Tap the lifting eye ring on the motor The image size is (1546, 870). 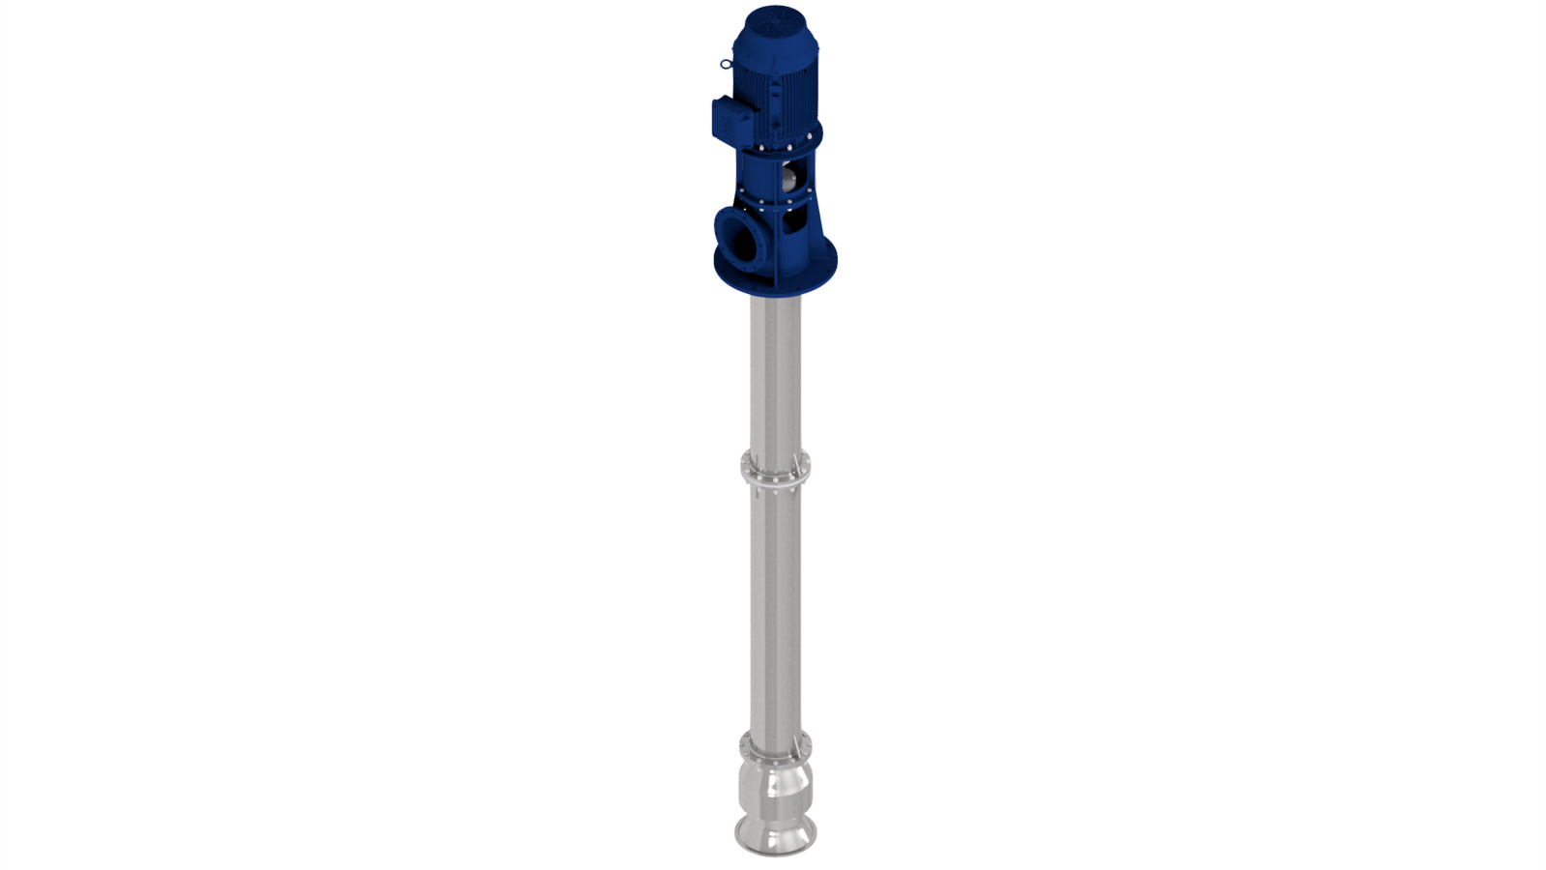click(726, 65)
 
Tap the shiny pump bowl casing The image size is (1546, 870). click(775, 788)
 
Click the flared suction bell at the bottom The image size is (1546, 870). click(775, 831)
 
